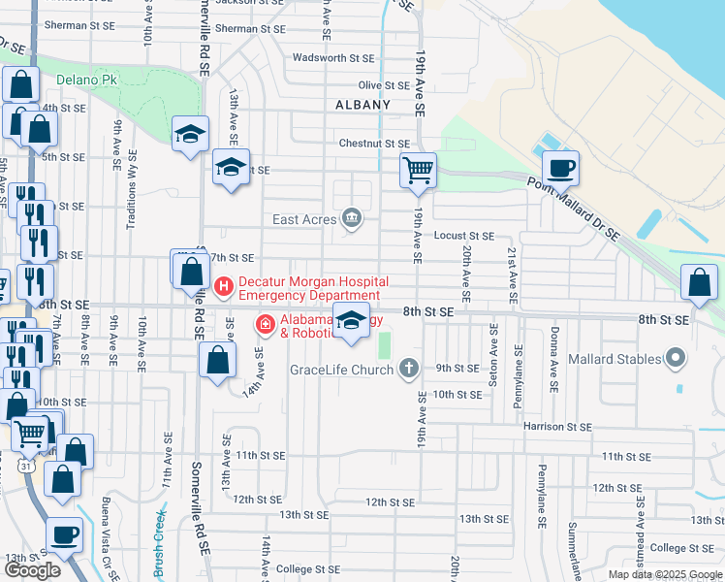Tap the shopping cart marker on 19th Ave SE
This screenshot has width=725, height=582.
tap(418, 170)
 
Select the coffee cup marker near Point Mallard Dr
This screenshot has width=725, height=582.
tap(560, 168)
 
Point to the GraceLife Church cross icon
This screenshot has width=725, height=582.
tap(409, 369)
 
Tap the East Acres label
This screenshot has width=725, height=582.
tap(303, 220)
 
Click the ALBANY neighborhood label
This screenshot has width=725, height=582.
tap(362, 105)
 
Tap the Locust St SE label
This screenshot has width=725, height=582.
tap(464, 236)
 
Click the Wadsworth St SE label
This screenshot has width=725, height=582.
tap(332, 58)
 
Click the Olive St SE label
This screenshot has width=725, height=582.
tap(383, 85)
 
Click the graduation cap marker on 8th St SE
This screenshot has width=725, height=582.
tap(351, 321)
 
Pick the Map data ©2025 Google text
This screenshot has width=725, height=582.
tap(665, 574)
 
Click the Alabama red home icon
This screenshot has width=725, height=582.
tap(263, 324)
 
